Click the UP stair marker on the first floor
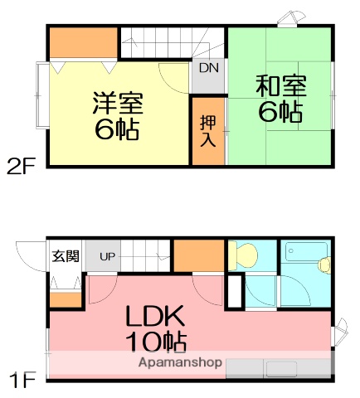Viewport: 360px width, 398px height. tap(108, 256)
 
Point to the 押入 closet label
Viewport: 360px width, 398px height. tap(207, 130)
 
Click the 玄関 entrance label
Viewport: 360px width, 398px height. tap(66, 256)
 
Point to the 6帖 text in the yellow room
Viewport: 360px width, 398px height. tap(117, 129)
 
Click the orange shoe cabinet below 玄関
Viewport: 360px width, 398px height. tap(66, 300)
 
